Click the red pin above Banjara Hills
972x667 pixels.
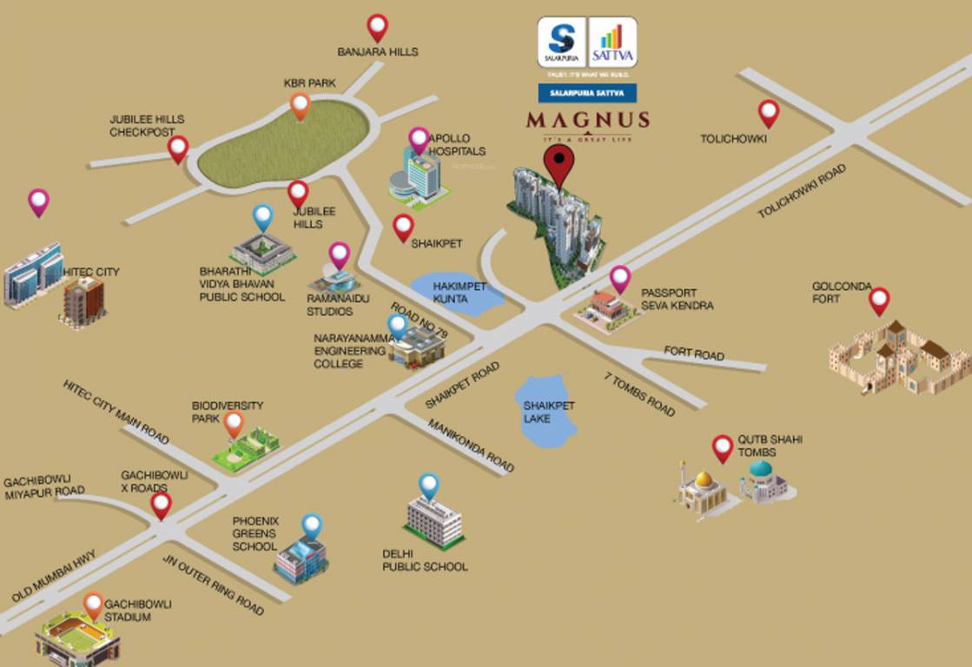pyautogui.click(x=377, y=27)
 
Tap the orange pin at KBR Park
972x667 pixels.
pyautogui.click(x=300, y=106)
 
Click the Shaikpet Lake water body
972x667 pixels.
pyautogui.click(x=546, y=411)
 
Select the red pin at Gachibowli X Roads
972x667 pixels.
pyautogui.click(x=161, y=505)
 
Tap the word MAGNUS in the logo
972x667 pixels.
pyautogui.click(x=587, y=119)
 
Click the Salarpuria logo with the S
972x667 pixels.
pyautogui.click(x=561, y=42)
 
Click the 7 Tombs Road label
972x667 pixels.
pyautogui.click(x=639, y=393)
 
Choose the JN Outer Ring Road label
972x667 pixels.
pyautogui.click(x=213, y=584)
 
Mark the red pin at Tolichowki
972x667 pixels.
pyautogui.click(x=768, y=113)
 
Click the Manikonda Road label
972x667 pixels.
pyautogui.click(x=471, y=446)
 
